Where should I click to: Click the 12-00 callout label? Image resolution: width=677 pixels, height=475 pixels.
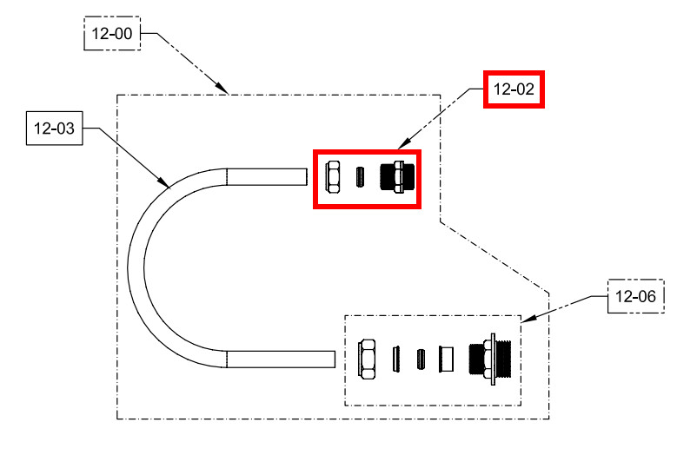[x=112, y=34]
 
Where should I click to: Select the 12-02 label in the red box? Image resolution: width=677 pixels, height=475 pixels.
[x=514, y=89]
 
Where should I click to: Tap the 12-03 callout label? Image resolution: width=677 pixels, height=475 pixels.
[x=54, y=130]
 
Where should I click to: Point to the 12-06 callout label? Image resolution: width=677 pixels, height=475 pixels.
[x=634, y=297]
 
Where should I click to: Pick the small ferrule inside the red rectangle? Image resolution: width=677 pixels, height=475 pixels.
[x=359, y=177]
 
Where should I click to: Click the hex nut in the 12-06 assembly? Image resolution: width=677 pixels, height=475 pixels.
[x=367, y=358]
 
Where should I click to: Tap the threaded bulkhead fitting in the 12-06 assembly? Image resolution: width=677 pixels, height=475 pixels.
[x=492, y=358]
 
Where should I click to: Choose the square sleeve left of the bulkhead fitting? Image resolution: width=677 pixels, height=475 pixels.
[x=448, y=358]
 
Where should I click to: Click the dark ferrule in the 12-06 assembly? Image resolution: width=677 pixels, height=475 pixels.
[x=421, y=358]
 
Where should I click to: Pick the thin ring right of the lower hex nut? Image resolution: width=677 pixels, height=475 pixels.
[x=395, y=358]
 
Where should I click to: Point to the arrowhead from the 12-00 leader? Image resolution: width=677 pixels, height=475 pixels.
[x=224, y=89]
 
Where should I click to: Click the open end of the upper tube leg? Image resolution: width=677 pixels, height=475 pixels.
[x=307, y=176]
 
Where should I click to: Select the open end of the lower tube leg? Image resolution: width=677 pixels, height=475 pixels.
[x=335, y=358]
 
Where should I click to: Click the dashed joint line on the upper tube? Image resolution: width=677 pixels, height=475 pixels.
[x=227, y=176]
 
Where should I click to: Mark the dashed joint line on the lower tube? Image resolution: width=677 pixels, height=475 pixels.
[x=227, y=358]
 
